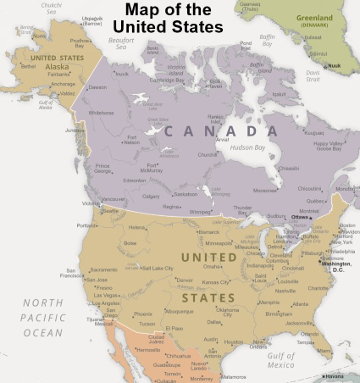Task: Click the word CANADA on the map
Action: click(x=222, y=131)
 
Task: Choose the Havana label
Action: click(x=337, y=376)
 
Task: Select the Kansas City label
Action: click(x=217, y=281)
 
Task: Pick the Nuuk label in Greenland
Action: click(x=335, y=64)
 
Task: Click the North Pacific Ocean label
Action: click(x=42, y=318)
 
